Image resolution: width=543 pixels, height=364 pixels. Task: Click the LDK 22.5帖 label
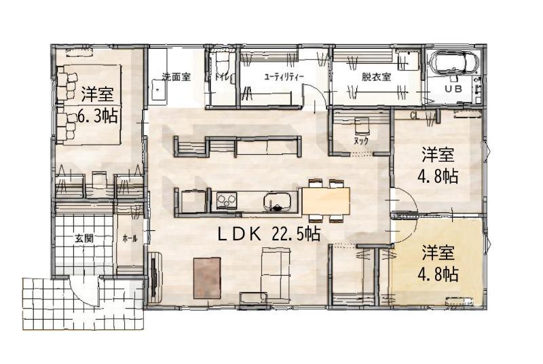(269, 235)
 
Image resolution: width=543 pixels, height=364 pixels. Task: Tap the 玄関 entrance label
(83, 238)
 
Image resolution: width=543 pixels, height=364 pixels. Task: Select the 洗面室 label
(176, 77)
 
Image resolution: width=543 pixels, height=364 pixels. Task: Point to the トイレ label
(221, 77)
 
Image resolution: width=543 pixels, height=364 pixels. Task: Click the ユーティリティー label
(284, 77)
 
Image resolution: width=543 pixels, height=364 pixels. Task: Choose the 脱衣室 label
(377, 77)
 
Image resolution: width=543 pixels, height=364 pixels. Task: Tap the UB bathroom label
(453, 89)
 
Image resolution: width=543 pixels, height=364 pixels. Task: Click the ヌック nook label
(360, 141)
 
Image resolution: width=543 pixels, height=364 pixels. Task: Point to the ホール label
(130, 238)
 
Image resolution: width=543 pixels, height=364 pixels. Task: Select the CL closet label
(414, 115)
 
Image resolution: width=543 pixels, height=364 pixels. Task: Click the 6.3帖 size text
(97, 116)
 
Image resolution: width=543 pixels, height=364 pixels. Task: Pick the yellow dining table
(326, 201)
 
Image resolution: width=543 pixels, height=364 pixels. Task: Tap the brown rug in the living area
(207, 278)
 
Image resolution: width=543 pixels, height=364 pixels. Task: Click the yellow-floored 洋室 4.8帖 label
(438, 263)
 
